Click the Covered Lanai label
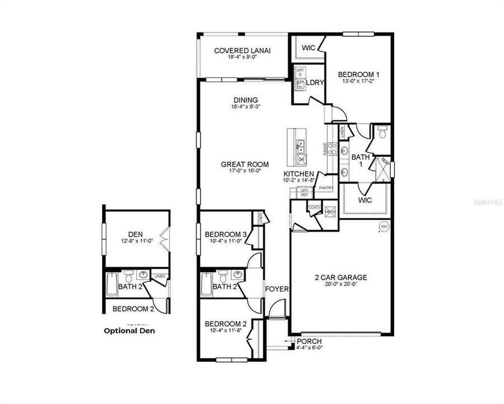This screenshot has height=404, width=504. click(x=242, y=50)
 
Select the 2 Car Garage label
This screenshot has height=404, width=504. click(x=340, y=277)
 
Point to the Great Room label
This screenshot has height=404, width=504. click(x=244, y=164)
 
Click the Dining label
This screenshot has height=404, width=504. click(x=246, y=100)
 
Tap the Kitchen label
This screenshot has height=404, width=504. click(x=298, y=175)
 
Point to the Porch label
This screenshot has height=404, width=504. click(x=309, y=341)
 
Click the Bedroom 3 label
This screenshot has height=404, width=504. click(x=226, y=234)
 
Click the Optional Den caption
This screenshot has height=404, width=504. click(x=129, y=330)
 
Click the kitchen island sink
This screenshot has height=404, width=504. click(x=301, y=146)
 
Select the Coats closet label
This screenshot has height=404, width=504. click(x=314, y=207)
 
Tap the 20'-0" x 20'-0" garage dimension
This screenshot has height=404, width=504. click(x=340, y=284)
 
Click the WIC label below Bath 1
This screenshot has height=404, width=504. click(x=366, y=200)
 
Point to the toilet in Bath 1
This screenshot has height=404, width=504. click(x=382, y=132)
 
